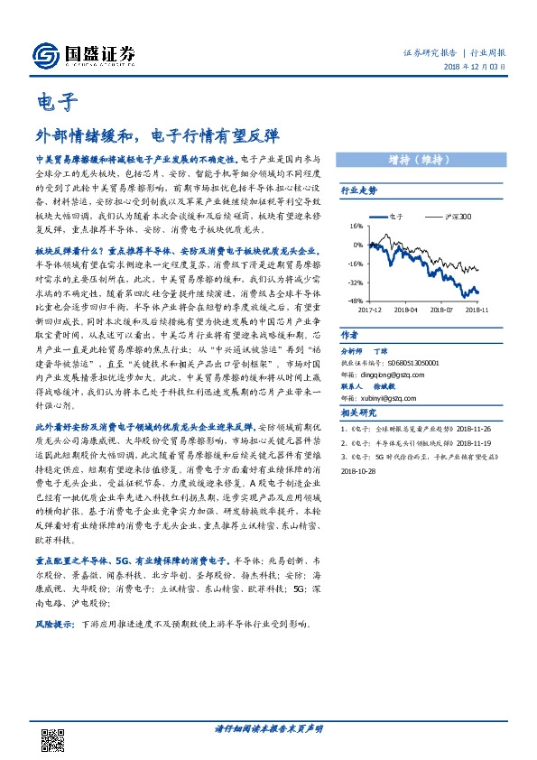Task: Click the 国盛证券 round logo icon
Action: tap(44, 55)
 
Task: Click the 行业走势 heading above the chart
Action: tap(358, 191)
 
